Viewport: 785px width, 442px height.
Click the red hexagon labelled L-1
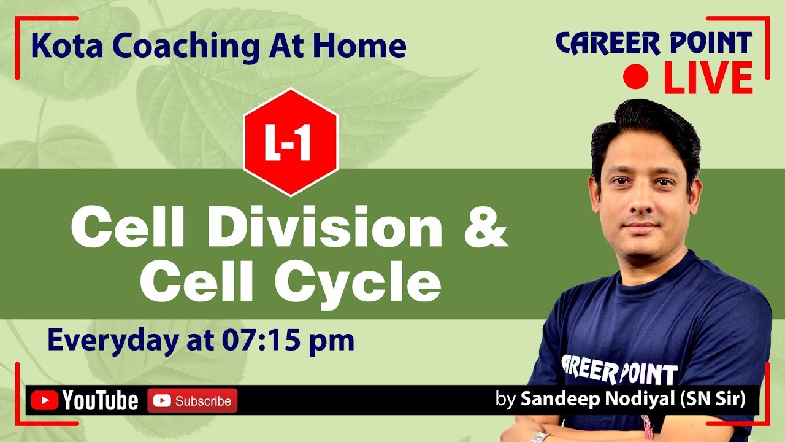pos(290,142)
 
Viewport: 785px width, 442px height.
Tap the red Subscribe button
pos(192,401)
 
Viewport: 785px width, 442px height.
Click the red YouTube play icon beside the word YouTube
pos(44,401)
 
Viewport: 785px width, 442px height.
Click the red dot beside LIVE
pos(636,77)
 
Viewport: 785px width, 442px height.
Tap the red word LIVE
pos(708,77)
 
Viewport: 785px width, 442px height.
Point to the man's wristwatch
pos(540,436)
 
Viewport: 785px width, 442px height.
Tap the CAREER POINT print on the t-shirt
pos(619,370)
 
